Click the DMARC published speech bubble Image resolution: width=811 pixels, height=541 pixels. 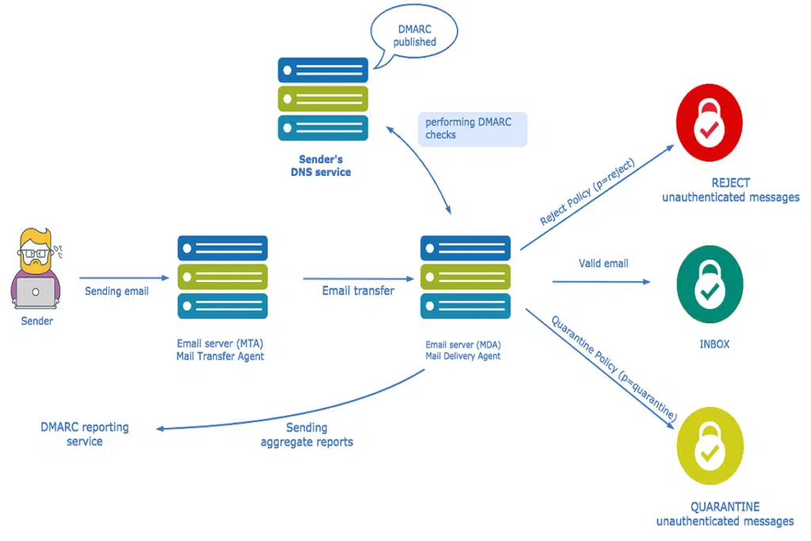(x=414, y=36)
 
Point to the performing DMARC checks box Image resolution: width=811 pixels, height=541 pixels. (x=472, y=128)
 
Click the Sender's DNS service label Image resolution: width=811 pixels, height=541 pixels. (x=320, y=166)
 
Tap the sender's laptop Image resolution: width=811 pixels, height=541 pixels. (x=36, y=292)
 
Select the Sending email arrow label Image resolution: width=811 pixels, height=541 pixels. (x=116, y=291)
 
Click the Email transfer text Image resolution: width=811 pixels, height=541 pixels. (x=358, y=291)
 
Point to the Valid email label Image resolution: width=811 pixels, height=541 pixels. (x=603, y=263)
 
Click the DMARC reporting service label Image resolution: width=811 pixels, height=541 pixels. (x=85, y=434)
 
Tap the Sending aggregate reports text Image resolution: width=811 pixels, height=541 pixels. (x=307, y=434)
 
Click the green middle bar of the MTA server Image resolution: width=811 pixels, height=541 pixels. (x=223, y=277)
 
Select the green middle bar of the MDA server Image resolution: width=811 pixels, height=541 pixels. (x=464, y=277)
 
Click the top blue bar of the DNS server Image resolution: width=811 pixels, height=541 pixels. (x=322, y=70)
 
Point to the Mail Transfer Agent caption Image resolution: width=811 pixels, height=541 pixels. (x=221, y=356)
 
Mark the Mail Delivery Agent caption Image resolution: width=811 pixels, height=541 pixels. (x=463, y=356)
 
